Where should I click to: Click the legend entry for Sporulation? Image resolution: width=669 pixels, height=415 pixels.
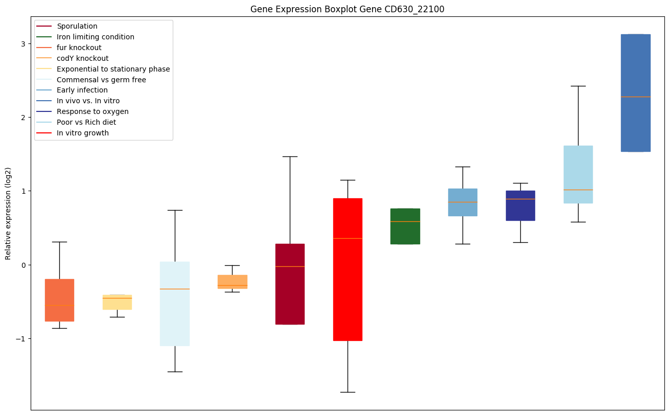coord(77,26)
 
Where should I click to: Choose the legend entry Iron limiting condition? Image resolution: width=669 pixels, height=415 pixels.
coord(96,37)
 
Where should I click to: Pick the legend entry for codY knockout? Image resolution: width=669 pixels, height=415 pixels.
coord(83,58)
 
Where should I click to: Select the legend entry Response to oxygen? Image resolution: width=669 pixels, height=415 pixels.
coord(93,111)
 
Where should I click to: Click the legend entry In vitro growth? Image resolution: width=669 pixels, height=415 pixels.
coord(83,133)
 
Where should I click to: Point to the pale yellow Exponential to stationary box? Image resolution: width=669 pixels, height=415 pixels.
coord(117,302)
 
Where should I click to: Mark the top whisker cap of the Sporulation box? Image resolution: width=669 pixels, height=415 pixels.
coord(290,156)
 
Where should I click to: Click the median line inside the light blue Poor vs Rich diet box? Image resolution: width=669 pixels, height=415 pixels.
coord(578,190)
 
